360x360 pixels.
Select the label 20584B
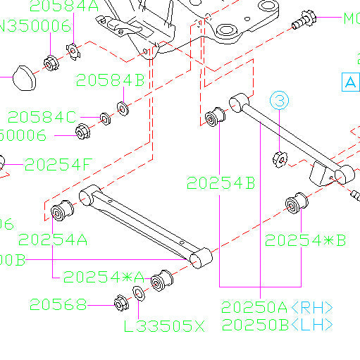tap(111, 80)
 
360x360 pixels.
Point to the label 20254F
tap(58, 165)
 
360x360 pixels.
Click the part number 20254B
tap(221, 183)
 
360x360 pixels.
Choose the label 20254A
tap(53, 240)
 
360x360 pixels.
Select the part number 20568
tap(58, 304)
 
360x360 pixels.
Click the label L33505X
tap(163, 326)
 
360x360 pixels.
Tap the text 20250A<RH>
tap(277, 308)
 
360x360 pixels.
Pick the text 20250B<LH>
tap(277, 325)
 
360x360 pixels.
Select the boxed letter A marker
tap(350, 82)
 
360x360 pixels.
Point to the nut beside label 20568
tap(120, 304)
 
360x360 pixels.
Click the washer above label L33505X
tap(139, 294)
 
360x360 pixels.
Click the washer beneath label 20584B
tap(120, 108)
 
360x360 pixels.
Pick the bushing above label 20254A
tap(61, 211)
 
